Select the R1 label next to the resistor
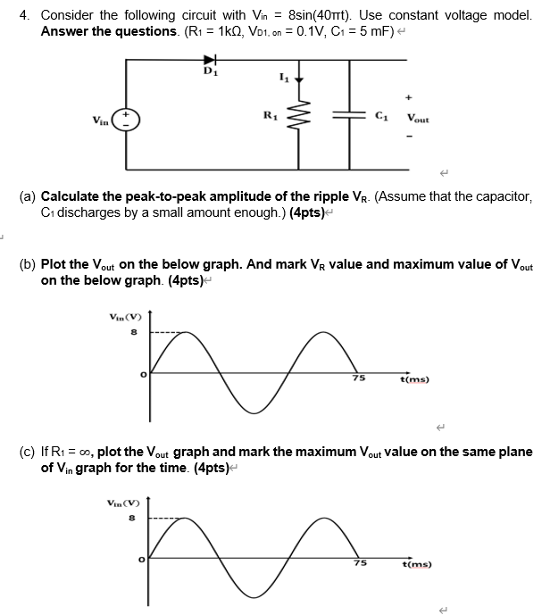(x=269, y=115)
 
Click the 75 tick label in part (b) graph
(x=357, y=379)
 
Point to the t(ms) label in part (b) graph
(x=416, y=379)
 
